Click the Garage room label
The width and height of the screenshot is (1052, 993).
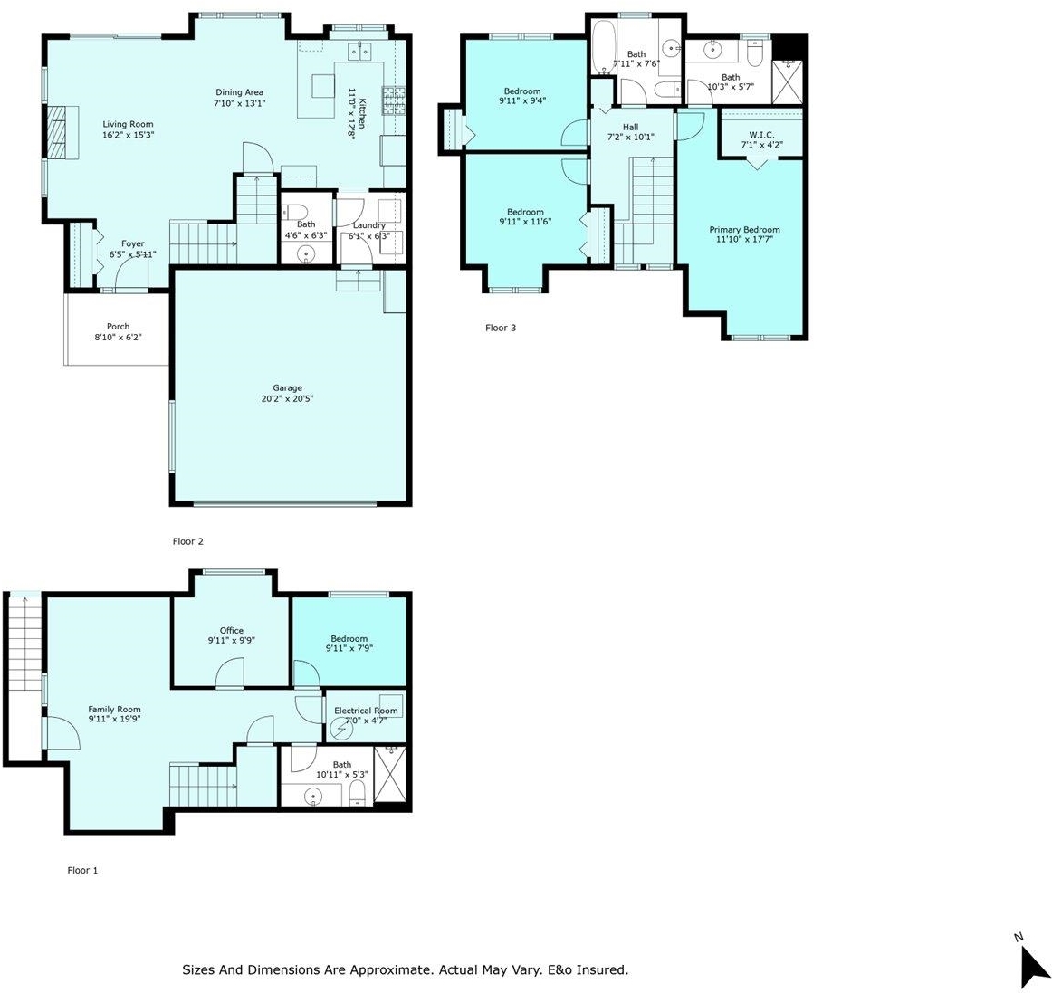tap(287, 387)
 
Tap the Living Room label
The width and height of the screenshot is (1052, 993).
tap(128, 124)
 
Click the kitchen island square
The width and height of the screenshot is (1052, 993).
tap(322, 86)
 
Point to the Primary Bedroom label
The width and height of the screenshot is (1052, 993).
tap(745, 229)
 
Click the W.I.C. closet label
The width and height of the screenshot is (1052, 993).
tap(761, 135)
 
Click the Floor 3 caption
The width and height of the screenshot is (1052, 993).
tap(501, 328)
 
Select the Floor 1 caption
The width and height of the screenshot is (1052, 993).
tap(82, 870)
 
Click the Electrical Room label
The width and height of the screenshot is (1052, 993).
tap(366, 711)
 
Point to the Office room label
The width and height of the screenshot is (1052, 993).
tap(232, 631)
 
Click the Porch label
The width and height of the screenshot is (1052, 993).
tap(118, 327)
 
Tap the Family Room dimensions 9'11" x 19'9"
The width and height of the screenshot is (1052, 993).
tap(114, 719)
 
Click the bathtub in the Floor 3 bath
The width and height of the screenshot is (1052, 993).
tap(602, 48)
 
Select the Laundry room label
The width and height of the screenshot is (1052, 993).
tap(369, 225)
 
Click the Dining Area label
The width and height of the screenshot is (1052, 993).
tap(240, 92)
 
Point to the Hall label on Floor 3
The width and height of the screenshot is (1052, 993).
tap(631, 127)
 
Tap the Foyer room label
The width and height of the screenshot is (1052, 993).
tap(133, 244)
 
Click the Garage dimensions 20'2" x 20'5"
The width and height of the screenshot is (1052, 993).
tap(287, 398)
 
